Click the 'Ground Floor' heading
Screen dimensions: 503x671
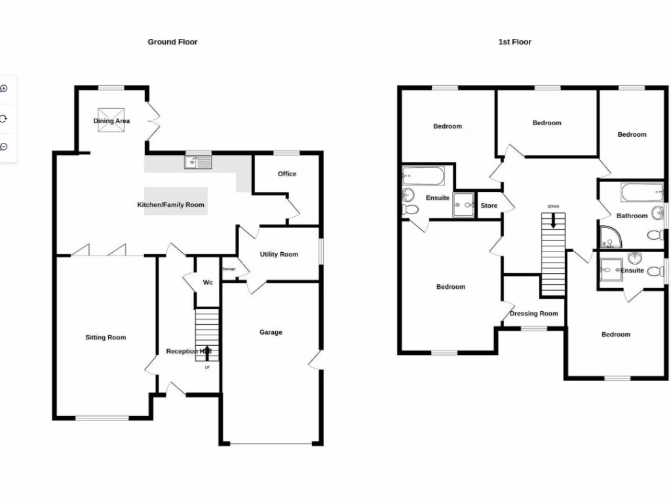pos(172,42)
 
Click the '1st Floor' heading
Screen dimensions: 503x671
pos(514,42)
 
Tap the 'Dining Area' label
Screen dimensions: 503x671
pos(111,121)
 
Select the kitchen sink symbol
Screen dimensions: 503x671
pos(198,161)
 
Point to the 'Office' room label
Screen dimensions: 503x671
pos(287,174)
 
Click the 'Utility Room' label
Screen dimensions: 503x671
pos(278,254)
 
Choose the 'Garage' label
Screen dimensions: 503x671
pos(271,332)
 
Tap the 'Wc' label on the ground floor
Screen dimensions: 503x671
pos(208,282)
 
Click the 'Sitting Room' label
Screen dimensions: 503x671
pos(105,337)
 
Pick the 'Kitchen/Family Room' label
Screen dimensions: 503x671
pos(170,205)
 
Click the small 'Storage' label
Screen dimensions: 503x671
pos(229,269)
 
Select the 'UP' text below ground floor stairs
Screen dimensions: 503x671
pos(207,367)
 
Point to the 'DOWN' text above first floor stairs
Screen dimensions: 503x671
pos(553,207)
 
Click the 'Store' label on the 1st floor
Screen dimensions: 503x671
pos(489,206)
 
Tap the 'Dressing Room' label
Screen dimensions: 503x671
pos(533,314)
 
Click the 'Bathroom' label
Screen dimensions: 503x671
pos(632,215)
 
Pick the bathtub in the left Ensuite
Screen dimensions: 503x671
pos(424,175)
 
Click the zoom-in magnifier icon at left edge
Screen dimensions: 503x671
pos(4,88)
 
